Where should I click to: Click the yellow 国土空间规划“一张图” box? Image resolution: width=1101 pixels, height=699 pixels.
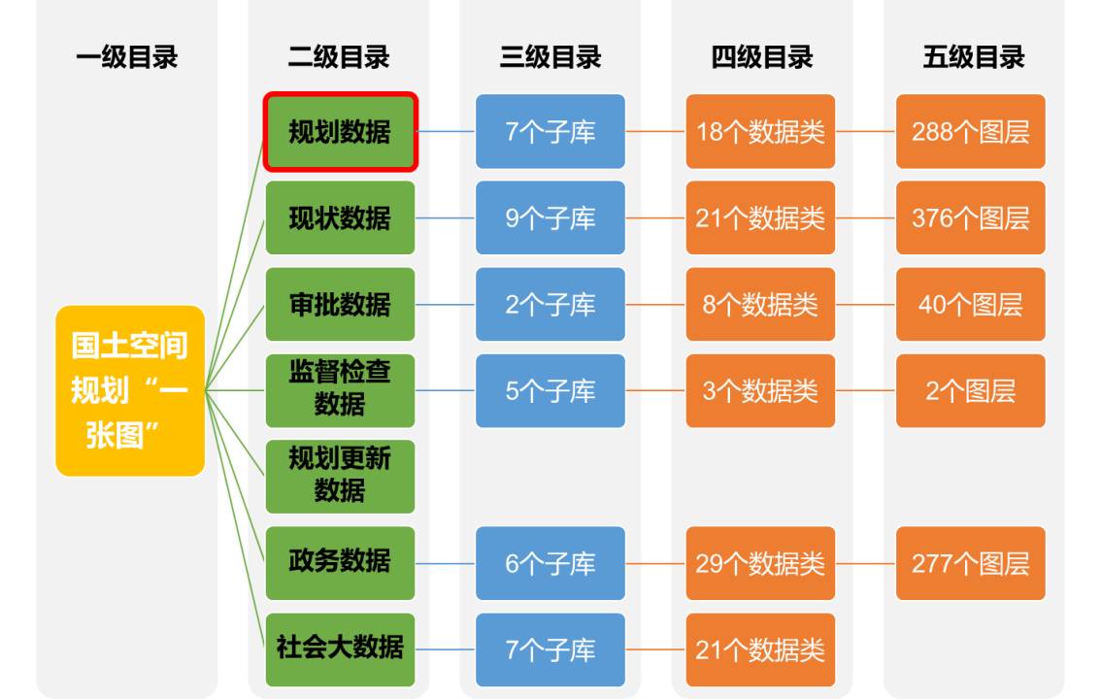[130, 390]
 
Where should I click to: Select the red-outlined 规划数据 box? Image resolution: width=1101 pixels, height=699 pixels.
[340, 132]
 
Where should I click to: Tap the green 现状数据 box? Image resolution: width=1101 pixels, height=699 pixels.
[340, 217]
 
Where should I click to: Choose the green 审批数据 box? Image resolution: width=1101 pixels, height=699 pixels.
[340, 304]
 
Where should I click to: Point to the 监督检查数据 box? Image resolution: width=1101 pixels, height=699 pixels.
[340, 390]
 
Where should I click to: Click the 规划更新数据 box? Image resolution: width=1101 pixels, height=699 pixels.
[340, 476]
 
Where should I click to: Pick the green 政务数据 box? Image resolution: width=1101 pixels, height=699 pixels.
[340, 562]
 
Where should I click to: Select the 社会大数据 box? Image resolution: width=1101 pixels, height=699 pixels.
[340, 649]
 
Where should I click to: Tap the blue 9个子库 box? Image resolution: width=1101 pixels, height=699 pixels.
[550, 217]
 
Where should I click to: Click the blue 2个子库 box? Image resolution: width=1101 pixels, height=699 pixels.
[550, 304]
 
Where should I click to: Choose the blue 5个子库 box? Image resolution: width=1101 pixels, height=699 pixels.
[550, 390]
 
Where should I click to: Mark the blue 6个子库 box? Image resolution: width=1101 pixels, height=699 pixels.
[550, 562]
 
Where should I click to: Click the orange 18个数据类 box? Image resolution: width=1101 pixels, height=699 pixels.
[760, 132]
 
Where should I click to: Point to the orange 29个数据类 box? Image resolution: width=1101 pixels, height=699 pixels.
[760, 562]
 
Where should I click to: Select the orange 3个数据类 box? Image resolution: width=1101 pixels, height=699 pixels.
[760, 390]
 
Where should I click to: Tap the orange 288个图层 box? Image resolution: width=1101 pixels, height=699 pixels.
[970, 132]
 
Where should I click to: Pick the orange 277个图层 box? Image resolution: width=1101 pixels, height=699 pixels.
[970, 562]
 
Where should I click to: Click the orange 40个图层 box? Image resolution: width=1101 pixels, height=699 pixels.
[970, 304]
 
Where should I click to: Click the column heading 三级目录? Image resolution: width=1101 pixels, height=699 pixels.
[550, 57]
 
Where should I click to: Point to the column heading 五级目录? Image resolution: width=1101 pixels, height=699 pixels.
[973, 57]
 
